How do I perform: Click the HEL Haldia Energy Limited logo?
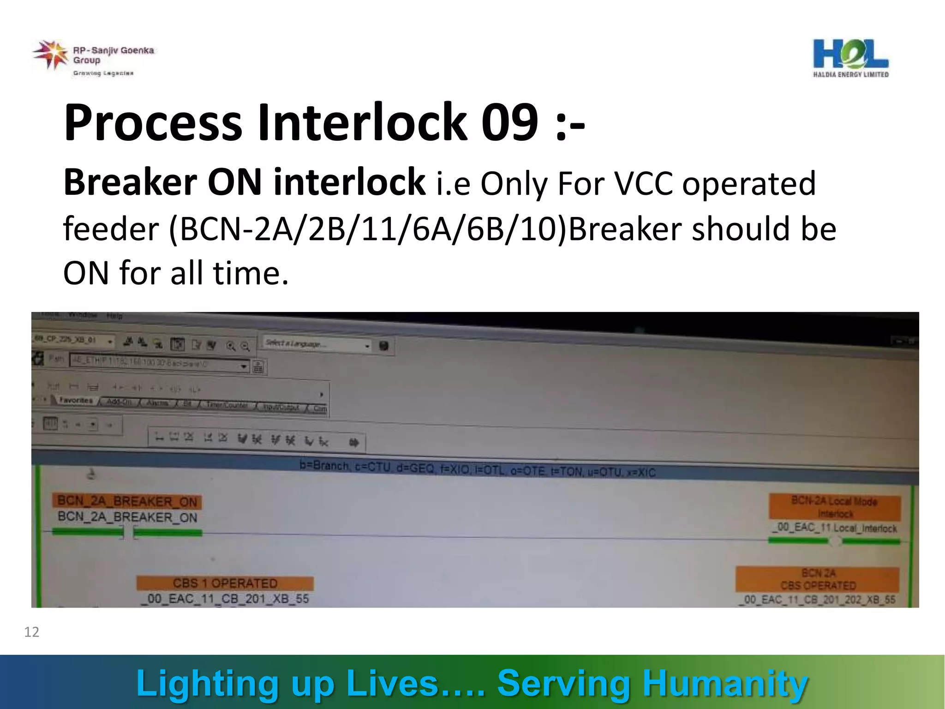[x=850, y=58]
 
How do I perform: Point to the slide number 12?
[x=31, y=632]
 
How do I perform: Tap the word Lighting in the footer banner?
[x=208, y=683]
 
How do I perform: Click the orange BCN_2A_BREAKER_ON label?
[x=127, y=502]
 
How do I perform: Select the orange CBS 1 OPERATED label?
[x=225, y=583]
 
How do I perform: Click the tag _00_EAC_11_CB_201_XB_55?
[x=225, y=599]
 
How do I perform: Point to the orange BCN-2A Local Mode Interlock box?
[x=834, y=507]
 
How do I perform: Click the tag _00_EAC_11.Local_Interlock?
[x=834, y=528]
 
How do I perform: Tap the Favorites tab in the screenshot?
[x=76, y=401]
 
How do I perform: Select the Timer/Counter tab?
[x=227, y=405]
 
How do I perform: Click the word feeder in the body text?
[x=111, y=229]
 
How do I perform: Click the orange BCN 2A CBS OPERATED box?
[x=818, y=579]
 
